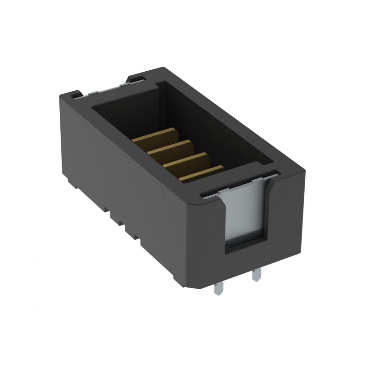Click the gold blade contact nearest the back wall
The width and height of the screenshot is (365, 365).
point(155,136)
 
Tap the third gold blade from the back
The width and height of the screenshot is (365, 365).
point(184,160)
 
